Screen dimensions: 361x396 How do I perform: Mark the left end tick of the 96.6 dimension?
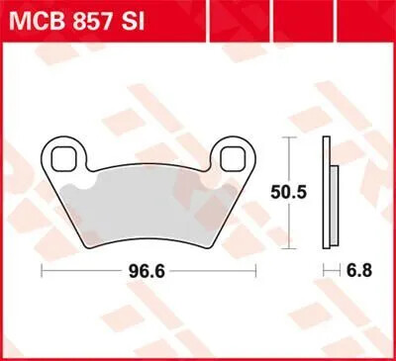click(x=41, y=268)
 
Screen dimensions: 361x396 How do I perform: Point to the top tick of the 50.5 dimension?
click(x=289, y=137)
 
